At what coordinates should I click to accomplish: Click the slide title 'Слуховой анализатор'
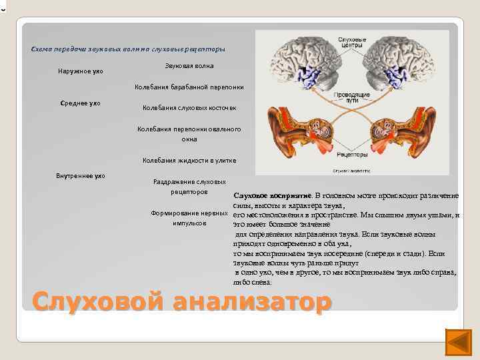click(x=181, y=302)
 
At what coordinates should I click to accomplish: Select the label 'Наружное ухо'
click(x=80, y=71)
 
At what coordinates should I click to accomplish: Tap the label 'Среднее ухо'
click(x=80, y=103)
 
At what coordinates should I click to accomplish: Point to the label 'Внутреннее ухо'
click(x=81, y=176)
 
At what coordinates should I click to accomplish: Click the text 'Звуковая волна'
click(x=189, y=67)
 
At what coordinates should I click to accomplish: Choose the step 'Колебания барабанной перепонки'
click(x=189, y=87)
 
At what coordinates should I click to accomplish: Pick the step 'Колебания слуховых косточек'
click(x=189, y=108)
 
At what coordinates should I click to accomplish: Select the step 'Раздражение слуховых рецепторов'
click(x=189, y=186)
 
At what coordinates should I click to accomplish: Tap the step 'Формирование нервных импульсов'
click(x=189, y=218)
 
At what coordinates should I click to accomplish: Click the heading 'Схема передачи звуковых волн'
click(x=129, y=49)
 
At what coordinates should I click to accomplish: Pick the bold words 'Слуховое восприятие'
click(x=273, y=196)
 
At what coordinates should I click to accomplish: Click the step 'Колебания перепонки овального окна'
click(x=189, y=134)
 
